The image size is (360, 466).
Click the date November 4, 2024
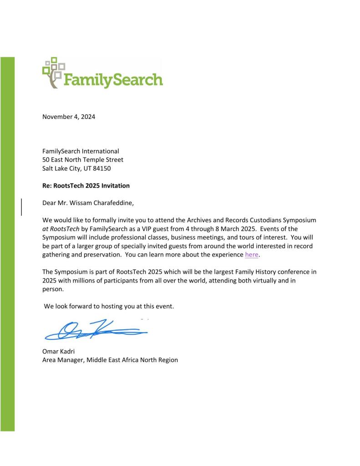(x=69, y=117)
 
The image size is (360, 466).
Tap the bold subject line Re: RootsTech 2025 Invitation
(x=86, y=185)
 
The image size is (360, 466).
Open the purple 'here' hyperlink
(x=251, y=255)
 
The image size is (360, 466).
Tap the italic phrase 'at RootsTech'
(x=57, y=229)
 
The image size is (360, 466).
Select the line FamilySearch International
(x=81, y=151)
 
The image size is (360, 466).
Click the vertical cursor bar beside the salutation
(x=22, y=206)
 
